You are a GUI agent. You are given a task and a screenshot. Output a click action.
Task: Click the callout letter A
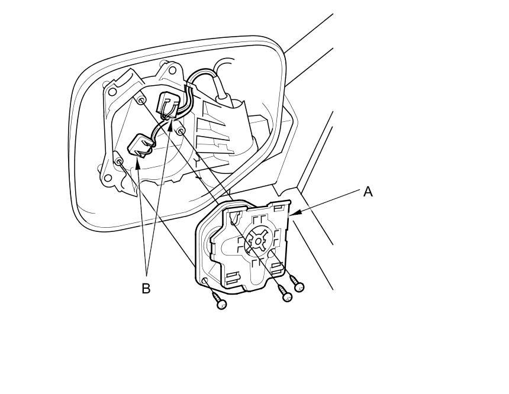click(x=368, y=192)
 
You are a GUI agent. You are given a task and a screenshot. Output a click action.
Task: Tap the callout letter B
click(x=146, y=289)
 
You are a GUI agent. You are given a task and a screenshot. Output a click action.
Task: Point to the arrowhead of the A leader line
click(x=294, y=212)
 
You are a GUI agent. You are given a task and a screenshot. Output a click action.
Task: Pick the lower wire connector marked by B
click(x=140, y=144)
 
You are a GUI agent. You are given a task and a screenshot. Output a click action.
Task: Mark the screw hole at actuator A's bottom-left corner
click(x=205, y=280)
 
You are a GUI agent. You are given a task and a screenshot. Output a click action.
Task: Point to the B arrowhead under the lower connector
click(x=138, y=163)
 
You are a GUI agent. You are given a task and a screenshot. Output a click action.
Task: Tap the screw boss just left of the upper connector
click(x=141, y=101)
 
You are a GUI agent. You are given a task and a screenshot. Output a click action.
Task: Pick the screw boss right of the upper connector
click(x=182, y=130)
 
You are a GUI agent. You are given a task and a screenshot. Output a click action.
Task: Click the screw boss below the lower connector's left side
click(x=119, y=161)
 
